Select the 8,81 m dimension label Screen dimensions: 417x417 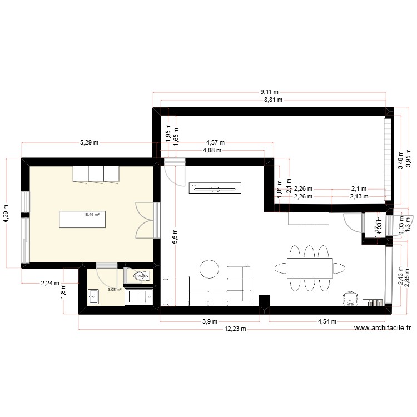point(272,100)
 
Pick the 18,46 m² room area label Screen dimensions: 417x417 point(91,214)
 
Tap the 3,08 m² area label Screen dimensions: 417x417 point(115,289)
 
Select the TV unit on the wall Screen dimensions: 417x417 point(215,188)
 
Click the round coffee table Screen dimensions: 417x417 point(210,269)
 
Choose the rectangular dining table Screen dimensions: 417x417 point(310,269)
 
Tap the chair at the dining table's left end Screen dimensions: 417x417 point(280,269)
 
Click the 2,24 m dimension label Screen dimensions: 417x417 point(50,283)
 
